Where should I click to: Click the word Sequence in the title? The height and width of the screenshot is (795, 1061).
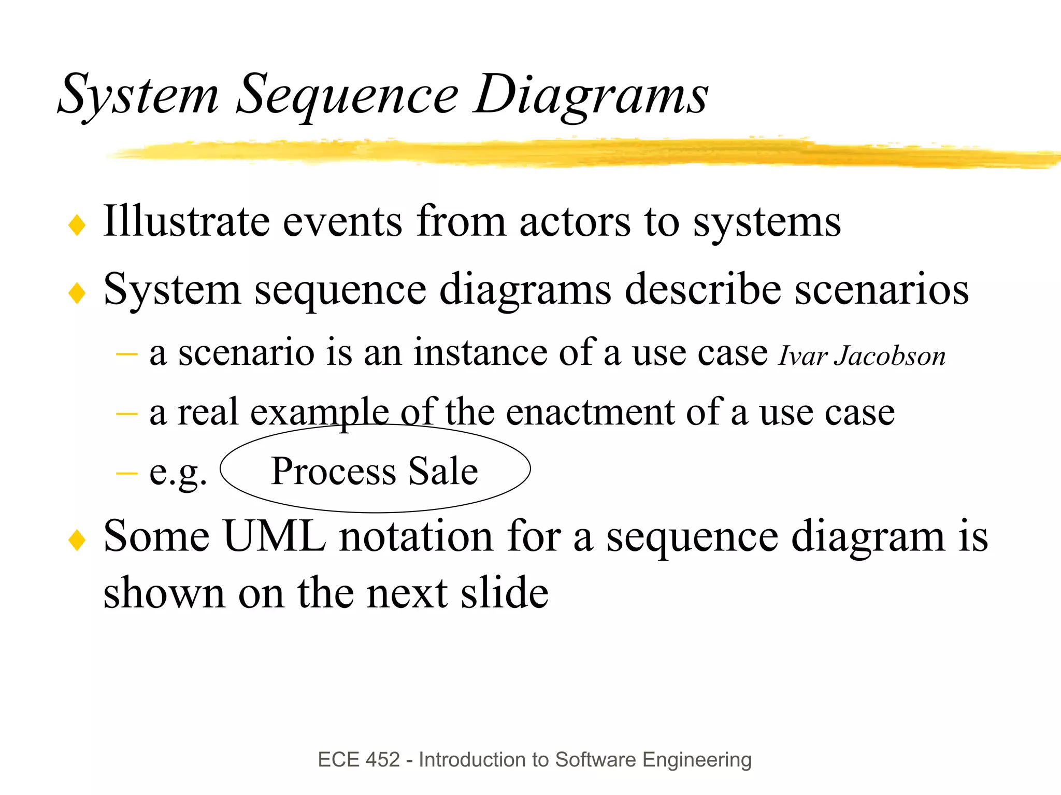click(347, 96)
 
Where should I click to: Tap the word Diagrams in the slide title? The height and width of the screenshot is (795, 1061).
click(591, 96)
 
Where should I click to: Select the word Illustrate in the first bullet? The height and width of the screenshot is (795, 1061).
click(187, 221)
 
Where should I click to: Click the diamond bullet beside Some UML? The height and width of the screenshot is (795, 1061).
click(77, 541)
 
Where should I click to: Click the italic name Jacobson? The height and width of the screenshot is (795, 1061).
click(890, 357)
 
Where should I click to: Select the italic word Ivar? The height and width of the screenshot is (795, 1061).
click(802, 357)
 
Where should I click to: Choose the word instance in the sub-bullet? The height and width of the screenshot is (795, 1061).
click(480, 353)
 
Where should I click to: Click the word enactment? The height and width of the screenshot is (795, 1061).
click(590, 413)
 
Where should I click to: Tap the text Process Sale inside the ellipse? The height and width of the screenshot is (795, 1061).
click(374, 471)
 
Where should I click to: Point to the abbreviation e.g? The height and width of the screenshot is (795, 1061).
click(178, 473)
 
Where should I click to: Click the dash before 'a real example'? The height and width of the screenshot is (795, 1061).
click(127, 414)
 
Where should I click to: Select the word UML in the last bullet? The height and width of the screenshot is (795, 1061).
click(275, 536)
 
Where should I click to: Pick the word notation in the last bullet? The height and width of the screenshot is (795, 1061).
click(416, 536)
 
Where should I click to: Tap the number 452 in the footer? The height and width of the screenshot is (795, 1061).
click(383, 760)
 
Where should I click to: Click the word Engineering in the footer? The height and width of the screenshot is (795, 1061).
click(697, 760)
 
